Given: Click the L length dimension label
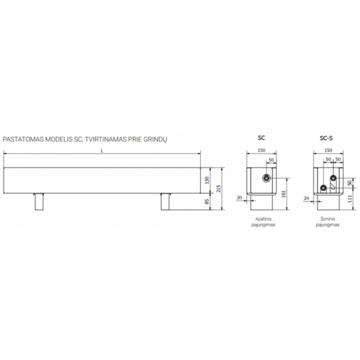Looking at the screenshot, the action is point(102,151).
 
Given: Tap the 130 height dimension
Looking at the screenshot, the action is point(207,180).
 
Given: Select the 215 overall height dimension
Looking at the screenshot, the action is point(219,189).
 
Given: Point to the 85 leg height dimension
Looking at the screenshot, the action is point(207,202).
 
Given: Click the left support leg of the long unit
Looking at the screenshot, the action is point(39,202).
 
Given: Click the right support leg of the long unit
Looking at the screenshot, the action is point(166,202).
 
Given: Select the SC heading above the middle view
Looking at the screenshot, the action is point(261,137).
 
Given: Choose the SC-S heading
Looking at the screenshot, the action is point(326,138).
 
